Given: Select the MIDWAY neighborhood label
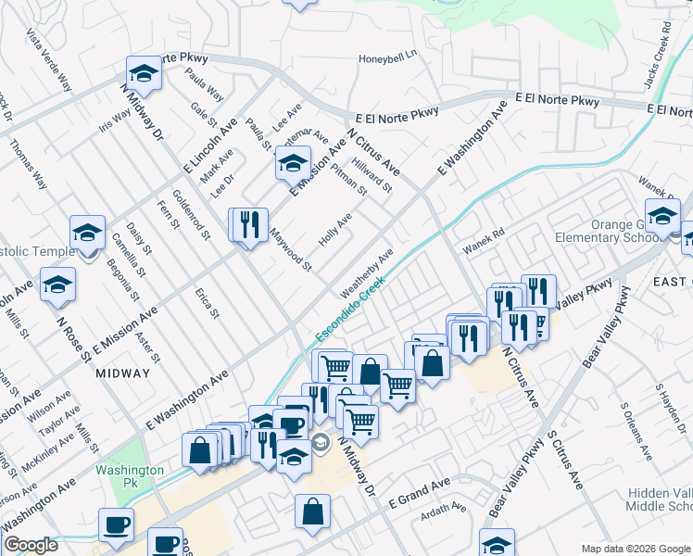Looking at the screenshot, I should click(122, 373).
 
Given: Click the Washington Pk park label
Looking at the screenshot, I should click(130, 470).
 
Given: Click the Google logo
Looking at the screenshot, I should click(31, 546).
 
